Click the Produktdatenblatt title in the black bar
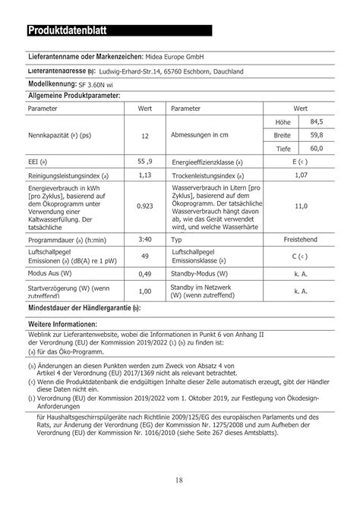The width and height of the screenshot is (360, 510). click(x=68, y=31)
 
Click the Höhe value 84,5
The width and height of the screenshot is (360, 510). click(x=316, y=121)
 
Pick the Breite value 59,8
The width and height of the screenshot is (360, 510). click(x=316, y=134)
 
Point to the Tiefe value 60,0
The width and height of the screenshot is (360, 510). click(x=316, y=148)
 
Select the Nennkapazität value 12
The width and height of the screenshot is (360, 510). click(x=144, y=136)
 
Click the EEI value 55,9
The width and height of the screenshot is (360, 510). click(x=144, y=162)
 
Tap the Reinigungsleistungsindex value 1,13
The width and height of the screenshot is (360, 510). click(x=144, y=175)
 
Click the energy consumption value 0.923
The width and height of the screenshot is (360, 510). click(x=144, y=206)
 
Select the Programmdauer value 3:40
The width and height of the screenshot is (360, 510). click(x=144, y=238)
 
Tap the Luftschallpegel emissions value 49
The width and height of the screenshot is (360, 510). click(x=144, y=256)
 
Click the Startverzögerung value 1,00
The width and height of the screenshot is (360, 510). click(x=144, y=291)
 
